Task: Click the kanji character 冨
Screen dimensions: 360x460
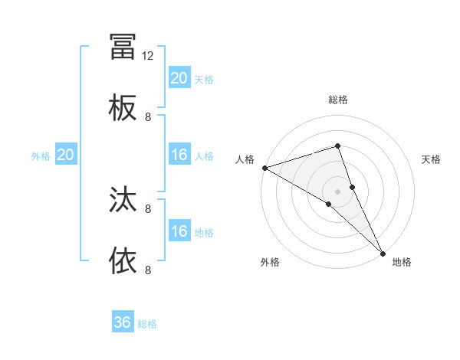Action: pyautogui.click(x=123, y=47)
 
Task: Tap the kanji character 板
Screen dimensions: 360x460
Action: pyautogui.click(x=123, y=108)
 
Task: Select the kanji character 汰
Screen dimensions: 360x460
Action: pyautogui.click(x=123, y=200)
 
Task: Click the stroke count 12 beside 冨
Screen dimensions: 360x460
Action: pyautogui.click(x=148, y=56)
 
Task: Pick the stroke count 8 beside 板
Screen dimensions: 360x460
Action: pyautogui.click(x=148, y=117)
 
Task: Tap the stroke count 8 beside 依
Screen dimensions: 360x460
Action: pyautogui.click(x=148, y=270)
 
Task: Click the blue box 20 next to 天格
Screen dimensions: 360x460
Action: pyautogui.click(x=179, y=78)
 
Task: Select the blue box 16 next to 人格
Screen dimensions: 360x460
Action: pyautogui.click(x=179, y=155)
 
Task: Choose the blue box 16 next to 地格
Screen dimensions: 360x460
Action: pyautogui.click(x=179, y=231)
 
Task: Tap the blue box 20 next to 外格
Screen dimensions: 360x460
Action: pyautogui.click(x=66, y=155)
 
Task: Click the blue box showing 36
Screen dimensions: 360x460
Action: pyautogui.click(x=123, y=322)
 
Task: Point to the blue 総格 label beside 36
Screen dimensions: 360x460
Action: pyautogui.click(x=147, y=324)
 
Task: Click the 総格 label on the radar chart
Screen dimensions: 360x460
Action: pyautogui.click(x=337, y=100)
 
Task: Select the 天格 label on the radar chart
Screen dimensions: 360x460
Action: pyautogui.click(x=432, y=159)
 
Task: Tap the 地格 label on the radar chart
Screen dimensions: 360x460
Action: pyautogui.click(x=402, y=262)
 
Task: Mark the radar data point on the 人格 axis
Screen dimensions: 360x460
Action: pyautogui.click(x=264, y=167)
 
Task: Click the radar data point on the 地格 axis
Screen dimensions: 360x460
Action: pyautogui.click(x=382, y=252)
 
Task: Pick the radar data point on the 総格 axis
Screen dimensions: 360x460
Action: pyautogui.click(x=337, y=146)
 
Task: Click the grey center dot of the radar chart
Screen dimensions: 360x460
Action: pyautogui.click(x=337, y=191)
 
